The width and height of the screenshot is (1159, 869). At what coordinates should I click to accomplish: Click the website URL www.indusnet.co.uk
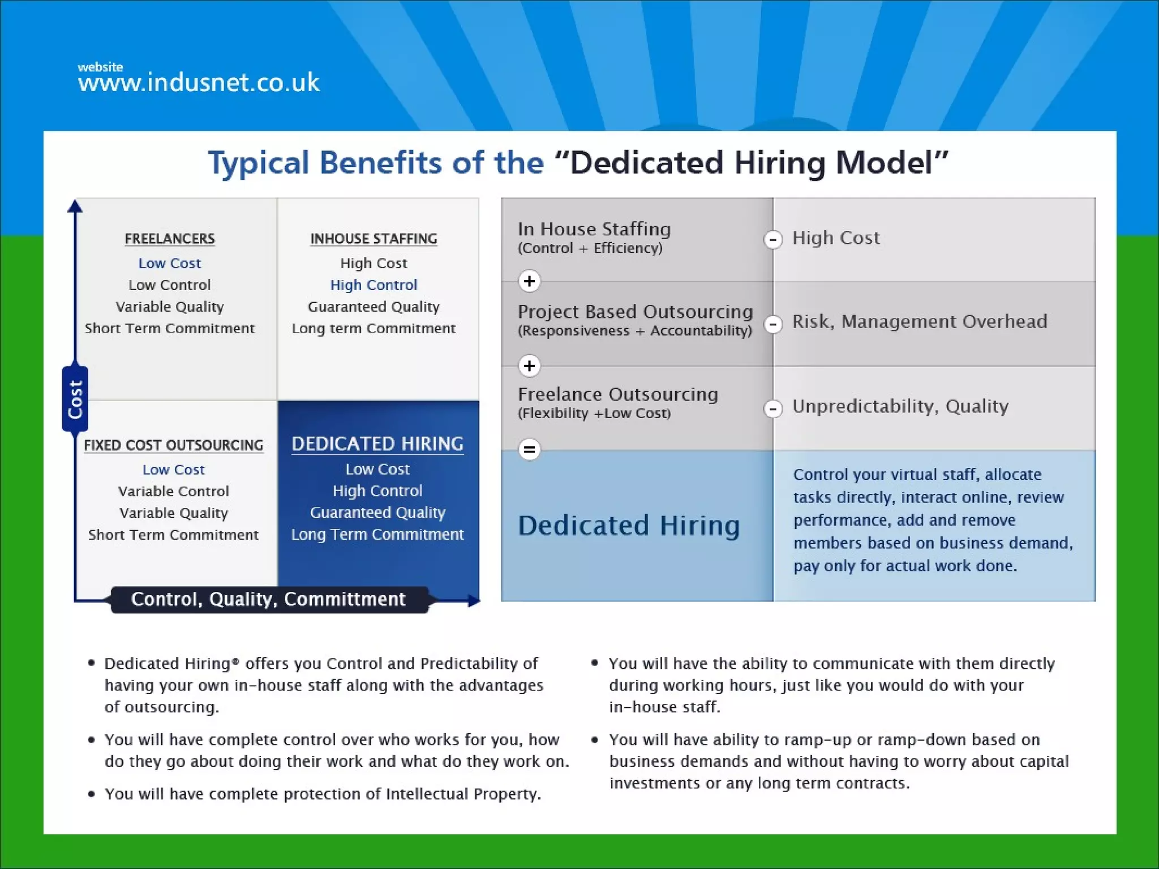(199, 83)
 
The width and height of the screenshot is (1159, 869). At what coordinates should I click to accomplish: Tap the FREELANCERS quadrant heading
(170, 239)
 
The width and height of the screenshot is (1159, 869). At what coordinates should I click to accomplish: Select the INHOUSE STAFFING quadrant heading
(374, 239)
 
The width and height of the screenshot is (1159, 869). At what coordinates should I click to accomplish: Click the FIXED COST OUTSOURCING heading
(174, 445)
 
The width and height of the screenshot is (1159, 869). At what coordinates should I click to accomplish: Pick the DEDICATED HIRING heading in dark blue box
(377, 444)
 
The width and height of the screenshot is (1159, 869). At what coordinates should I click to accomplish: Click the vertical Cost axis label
(75, 399)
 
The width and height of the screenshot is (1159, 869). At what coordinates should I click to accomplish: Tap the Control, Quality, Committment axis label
(268, 599)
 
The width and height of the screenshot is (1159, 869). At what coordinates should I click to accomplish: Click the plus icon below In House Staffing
(530, 281)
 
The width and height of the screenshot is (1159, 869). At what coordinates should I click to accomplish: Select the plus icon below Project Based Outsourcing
(530, 366)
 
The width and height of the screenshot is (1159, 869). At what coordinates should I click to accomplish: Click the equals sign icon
(530, 450)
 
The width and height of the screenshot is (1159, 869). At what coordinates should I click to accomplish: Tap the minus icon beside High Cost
(773, 239)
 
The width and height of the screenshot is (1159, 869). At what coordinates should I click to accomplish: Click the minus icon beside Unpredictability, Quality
(773, 408)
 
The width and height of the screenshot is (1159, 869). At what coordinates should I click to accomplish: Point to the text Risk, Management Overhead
(920, 321)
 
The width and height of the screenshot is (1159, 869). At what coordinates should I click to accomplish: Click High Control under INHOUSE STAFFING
(374, 285)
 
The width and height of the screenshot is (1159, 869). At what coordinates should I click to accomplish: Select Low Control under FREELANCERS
(170, 285)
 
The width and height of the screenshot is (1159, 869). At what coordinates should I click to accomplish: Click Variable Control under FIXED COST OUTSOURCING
(174, 491)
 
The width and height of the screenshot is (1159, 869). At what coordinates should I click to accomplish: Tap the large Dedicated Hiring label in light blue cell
(629, 526)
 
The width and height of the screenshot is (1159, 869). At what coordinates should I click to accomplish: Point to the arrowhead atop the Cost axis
(75, 206)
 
